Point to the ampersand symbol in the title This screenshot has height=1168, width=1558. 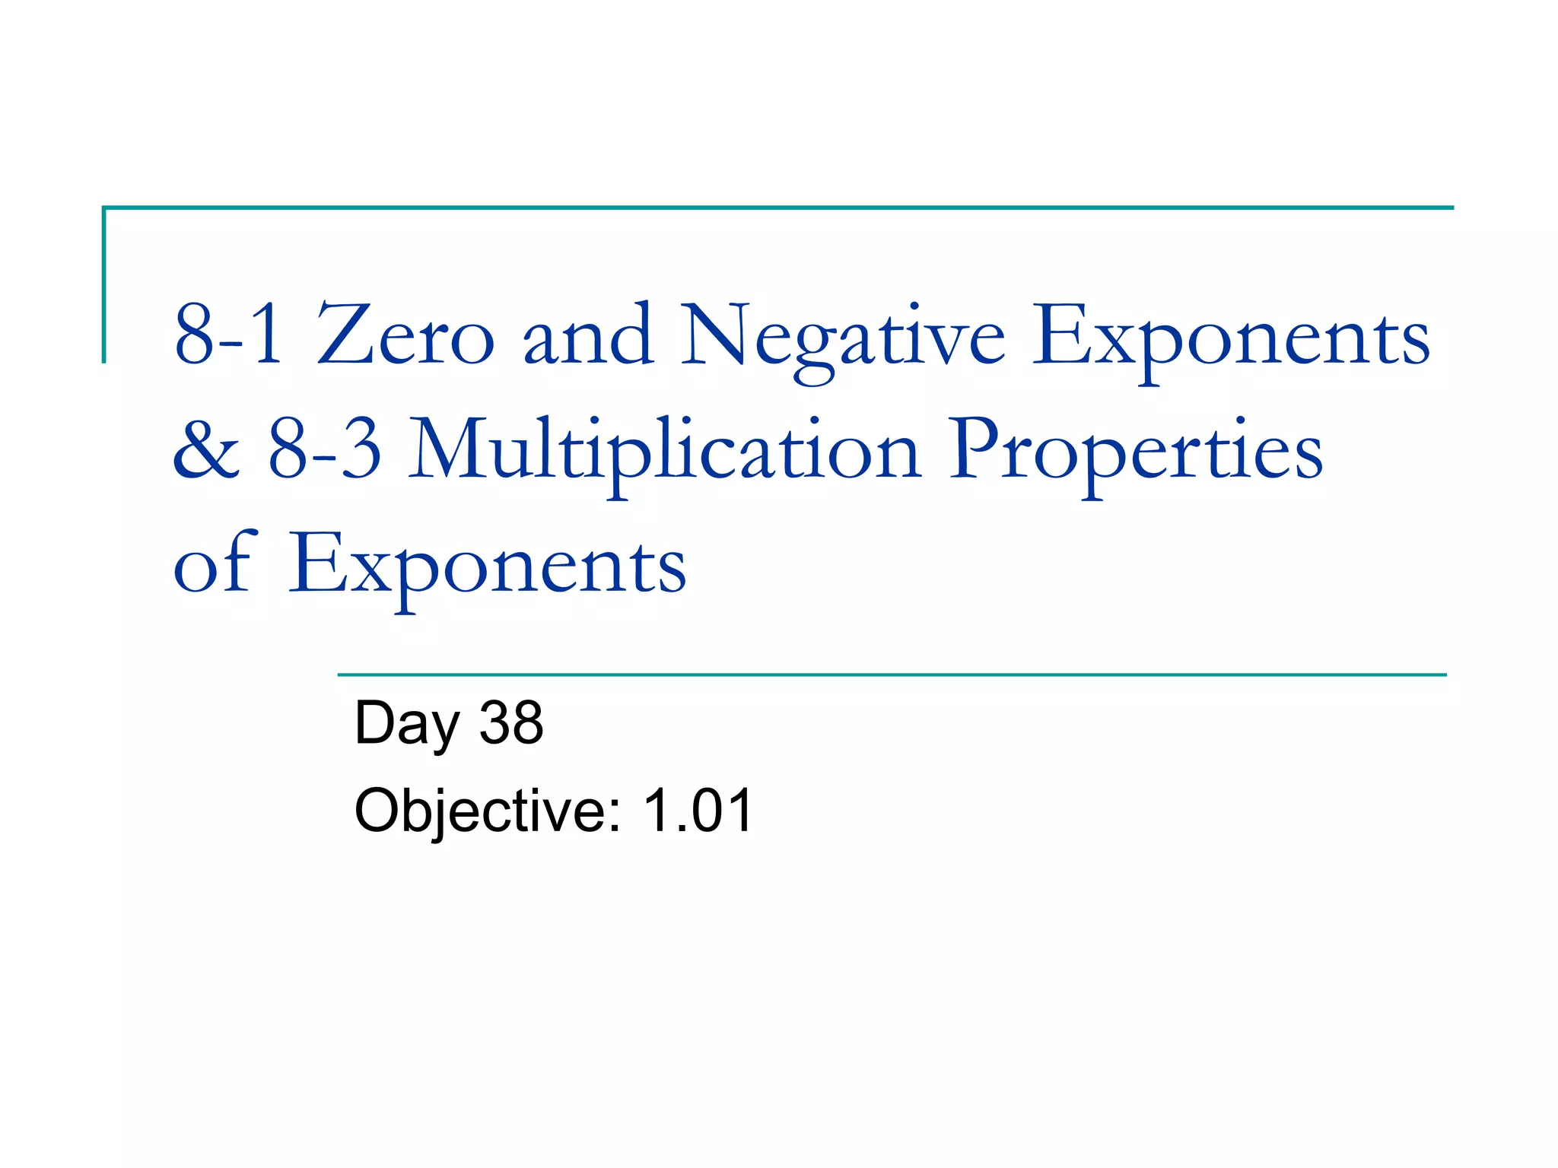pos(206,450)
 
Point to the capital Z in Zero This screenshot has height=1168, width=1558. pos(340,335)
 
